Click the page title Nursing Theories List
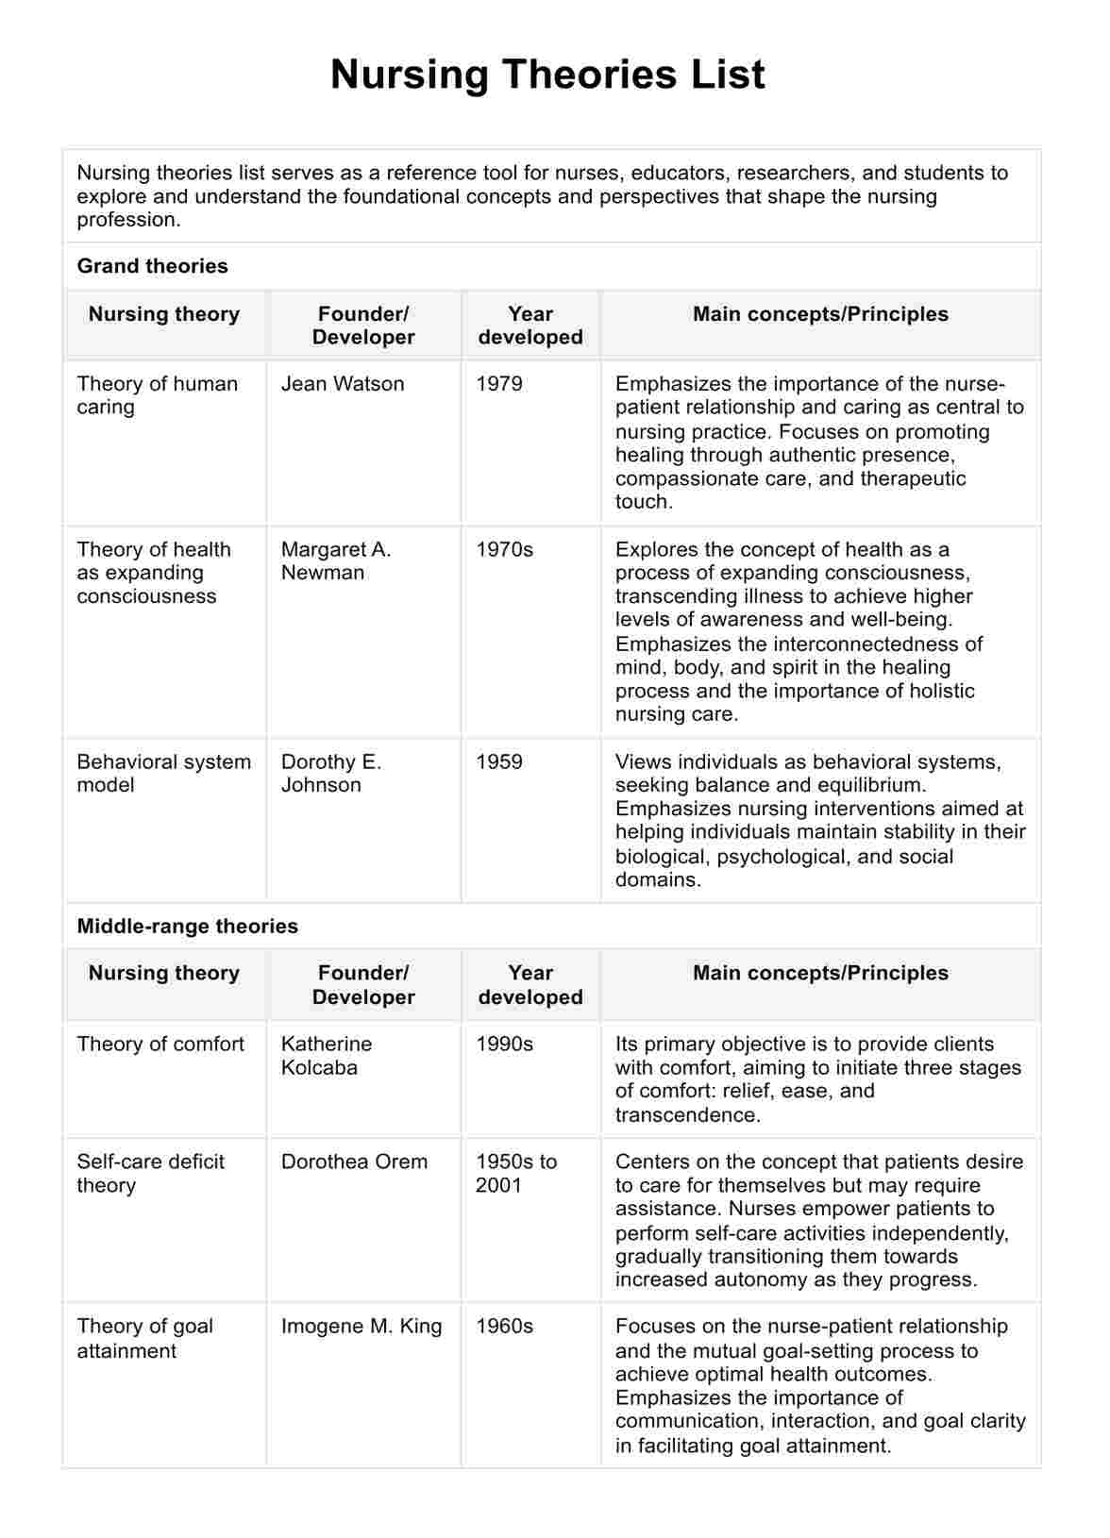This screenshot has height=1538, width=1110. click(x=547, y=75)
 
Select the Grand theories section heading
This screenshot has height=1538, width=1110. click(x=152, y=266)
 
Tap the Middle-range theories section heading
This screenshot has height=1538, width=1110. click(x=187, y=926)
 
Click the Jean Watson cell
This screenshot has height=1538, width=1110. click(x=342, y=384)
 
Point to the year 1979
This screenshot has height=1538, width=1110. click(x=498, y=384)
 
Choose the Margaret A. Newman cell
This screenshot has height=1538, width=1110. click(x=335, y=560)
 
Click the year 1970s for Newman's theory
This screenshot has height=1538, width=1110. click(x=504, y=549)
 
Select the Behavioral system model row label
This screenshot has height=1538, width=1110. click(x=163, y=773)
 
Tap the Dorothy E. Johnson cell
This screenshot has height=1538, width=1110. click(x=330, y=773)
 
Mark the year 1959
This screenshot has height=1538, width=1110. click(x=498, y=761)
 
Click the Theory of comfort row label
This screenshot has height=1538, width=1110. click(x=160, y=1044)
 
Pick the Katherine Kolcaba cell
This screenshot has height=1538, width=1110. click(x=326, y=1056)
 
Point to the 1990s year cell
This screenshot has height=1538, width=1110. click(x=504, y=1044)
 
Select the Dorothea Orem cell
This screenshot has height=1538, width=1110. click(x=353, y=1162)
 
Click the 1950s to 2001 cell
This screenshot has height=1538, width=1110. click(x=515, y=1173)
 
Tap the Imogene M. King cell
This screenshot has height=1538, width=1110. click(x=361, y=1326)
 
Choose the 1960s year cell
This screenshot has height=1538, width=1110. click(x=504, y=1326)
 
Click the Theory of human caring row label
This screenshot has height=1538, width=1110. click(x=157, y=395)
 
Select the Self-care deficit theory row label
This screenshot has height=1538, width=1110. click(x=150, y=1173)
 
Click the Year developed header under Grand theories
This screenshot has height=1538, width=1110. click(x=530, y=326)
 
